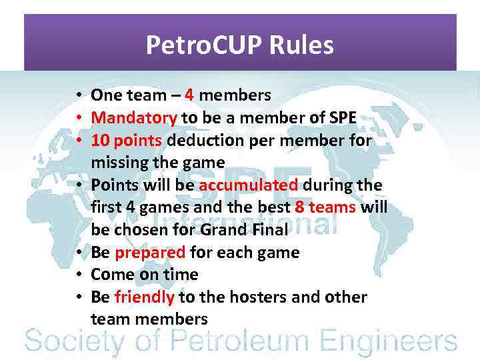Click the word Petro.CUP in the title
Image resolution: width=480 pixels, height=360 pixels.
(x=204, y=45)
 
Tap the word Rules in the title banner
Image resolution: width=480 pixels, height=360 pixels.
(x=301, y=45)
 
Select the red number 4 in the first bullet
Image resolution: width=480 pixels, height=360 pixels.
(x=189, y=95)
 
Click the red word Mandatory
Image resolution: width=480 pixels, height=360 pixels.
(x=134, y=118)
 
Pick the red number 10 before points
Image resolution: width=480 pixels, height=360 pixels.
(x=101, y=141)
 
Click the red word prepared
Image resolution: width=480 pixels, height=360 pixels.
(x=150, y=253)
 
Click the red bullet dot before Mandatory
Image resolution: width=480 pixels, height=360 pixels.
(x=79, y=118)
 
